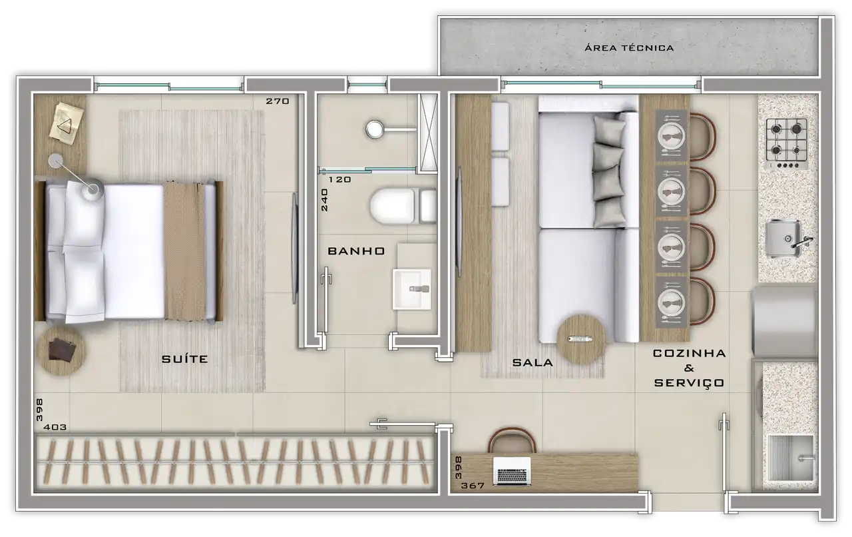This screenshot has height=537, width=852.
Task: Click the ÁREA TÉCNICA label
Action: point(629,47)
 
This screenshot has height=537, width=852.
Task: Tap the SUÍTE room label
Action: point(185,358)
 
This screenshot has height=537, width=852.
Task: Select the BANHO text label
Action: point(356,251)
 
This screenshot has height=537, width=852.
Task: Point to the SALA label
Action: point(532,362)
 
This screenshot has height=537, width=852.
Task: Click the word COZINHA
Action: point(689,353)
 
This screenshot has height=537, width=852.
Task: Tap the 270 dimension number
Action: point(278,101)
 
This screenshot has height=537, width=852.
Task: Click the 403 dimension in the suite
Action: point(55,427)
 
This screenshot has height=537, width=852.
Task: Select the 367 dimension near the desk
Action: point(473,486)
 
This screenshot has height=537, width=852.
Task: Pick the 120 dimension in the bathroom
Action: point(339,179)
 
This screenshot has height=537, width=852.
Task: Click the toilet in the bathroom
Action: point(403,206)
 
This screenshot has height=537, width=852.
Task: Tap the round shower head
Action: point(375,129)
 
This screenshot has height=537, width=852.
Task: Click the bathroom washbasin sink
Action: point(412,289)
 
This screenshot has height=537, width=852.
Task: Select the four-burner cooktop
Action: point(787,144)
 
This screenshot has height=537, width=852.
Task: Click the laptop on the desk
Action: point(512,471)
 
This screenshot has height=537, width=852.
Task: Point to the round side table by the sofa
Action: point(581,339)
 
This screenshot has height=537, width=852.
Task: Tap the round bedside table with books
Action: point(61,350)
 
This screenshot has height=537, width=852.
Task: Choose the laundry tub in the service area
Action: point(790,458)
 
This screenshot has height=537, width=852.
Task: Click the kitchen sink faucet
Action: point(802,243)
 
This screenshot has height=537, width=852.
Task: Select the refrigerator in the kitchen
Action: point(785,321)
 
